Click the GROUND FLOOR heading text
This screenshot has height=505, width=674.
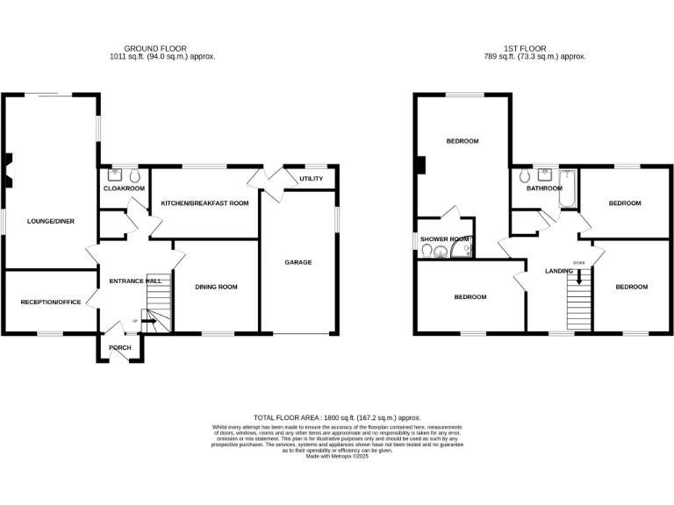tap(155, 48)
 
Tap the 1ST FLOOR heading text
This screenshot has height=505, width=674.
tap(525, 48)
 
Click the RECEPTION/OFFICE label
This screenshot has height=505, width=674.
tap(51, 302)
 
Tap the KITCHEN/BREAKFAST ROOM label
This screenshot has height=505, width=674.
tap(204, 203)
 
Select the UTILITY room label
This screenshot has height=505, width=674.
tap(311, 179)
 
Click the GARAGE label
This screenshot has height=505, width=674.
tap(298, 262)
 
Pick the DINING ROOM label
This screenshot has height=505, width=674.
tap(216, 287)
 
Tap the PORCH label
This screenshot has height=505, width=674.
tap(119, 347)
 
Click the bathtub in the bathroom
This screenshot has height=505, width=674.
tap(567, 188)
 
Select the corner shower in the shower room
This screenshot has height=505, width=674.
tap(465, 251)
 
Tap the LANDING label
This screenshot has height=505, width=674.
tap(559, 271)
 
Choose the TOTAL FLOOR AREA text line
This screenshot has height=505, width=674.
tap(337, 418)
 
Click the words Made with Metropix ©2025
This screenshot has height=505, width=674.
tap(337, 456)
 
